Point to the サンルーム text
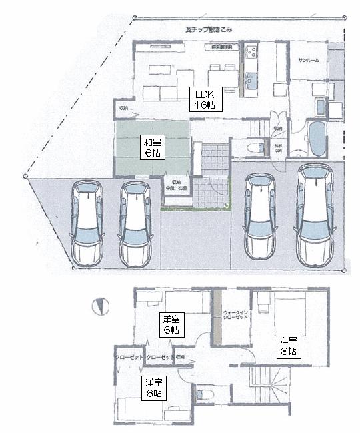click(308, 61)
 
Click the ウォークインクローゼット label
click(235, 314)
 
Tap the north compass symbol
click(101, 306)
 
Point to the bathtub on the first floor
click(317, 138)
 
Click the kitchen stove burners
click(251, 53)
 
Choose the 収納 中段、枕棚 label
click(177, 185)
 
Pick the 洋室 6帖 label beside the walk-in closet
click(171, 323)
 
